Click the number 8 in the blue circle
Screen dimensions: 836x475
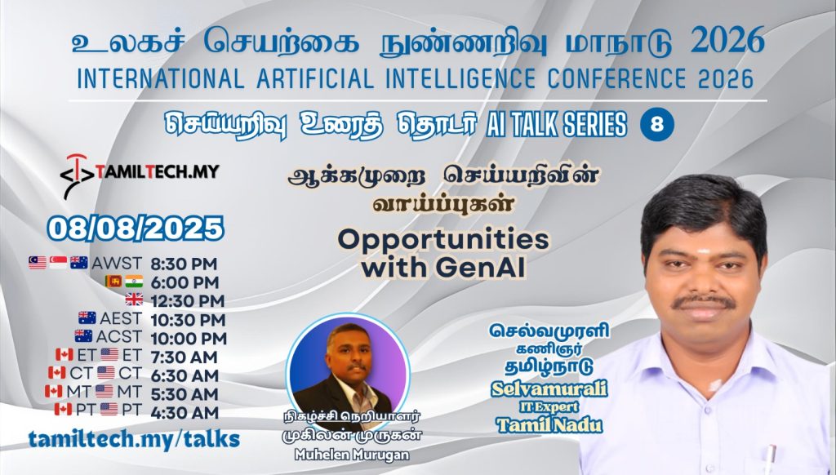click(657, 125)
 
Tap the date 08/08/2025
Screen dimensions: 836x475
click(136, 229)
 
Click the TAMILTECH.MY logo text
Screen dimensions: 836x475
click(158, 171)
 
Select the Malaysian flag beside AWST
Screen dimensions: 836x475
click(38, 262)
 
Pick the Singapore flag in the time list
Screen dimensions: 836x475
click(58, 262)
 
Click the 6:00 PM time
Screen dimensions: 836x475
click(185, 282)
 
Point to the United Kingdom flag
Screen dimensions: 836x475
click(134, 300)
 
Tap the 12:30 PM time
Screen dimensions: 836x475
click(188, 301)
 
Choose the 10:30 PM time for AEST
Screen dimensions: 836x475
click(189, 320)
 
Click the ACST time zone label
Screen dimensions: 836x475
click(119, 337)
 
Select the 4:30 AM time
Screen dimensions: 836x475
click(185, 413)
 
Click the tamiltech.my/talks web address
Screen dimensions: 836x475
click(134, 439)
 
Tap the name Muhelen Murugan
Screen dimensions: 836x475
click(352, 455)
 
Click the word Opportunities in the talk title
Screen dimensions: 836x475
click(443, 239)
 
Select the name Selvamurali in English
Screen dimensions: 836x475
click(549, 389)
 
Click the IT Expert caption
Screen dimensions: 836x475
click(549, 407)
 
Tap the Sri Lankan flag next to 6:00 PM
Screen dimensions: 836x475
click(113, 281)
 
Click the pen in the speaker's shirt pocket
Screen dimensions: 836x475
click(768, 459)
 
